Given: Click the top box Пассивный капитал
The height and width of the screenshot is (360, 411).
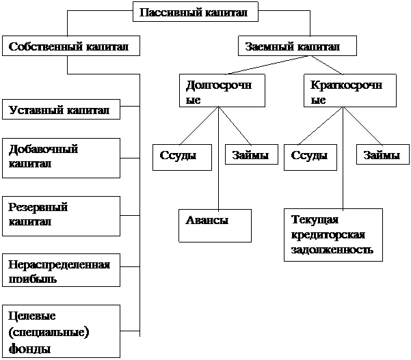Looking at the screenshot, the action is (196, 12).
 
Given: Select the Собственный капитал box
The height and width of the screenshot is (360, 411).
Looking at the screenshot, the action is (71, 46).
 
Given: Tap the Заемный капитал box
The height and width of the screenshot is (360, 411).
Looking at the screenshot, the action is (297, 46).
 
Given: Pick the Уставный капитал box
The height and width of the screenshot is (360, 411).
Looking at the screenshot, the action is (61, 109).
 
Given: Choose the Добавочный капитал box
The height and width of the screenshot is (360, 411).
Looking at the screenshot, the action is (61, 158).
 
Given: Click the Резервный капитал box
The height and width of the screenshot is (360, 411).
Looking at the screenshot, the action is (61, 217).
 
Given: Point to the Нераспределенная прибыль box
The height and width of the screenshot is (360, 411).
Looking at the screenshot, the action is (61, 271).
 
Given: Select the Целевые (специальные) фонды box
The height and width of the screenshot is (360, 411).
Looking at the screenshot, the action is (61, 331).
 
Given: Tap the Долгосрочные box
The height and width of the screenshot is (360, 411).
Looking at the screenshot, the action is (222, 91).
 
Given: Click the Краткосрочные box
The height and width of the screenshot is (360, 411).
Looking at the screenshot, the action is (350, 91).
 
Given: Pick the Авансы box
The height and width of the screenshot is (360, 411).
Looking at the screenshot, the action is (215, 225).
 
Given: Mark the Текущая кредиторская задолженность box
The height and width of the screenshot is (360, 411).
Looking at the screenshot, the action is (333, 235).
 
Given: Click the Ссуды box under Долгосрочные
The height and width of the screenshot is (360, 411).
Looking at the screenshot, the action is (182, 157).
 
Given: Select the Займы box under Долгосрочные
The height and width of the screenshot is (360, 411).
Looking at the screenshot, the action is (252, 154).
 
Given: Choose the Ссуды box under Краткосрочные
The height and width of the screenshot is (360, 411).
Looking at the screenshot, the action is (310, 157).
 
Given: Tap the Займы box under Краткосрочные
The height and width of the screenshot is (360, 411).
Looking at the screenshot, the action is (383, 154).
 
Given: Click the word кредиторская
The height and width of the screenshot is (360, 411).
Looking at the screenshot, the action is (328, 234).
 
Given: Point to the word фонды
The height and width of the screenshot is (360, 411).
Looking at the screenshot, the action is (29, 349).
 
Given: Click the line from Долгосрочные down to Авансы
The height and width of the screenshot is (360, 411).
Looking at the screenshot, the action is (219, 158).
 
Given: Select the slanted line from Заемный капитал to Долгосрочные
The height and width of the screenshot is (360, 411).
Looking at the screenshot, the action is (269, 65).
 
